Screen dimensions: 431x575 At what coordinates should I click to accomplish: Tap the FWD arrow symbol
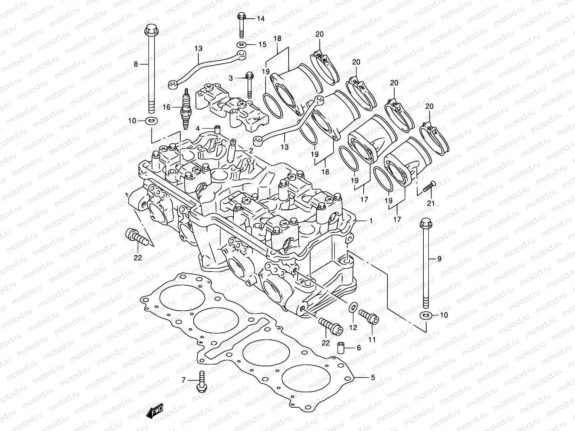coord(155,411)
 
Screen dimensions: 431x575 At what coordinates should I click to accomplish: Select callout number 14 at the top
coord(261,18)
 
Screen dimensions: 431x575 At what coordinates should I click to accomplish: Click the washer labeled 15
coord(241,45)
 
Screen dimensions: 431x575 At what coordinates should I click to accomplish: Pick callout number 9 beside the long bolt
coord(439,258)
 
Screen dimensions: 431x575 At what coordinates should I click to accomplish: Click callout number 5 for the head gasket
coord(373,377)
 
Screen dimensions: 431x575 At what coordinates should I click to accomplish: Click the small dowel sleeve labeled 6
coord(341,347)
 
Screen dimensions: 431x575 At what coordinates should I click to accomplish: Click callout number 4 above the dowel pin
coord(198,128)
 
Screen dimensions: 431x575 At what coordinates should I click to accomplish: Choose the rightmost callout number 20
coord(429,106)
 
